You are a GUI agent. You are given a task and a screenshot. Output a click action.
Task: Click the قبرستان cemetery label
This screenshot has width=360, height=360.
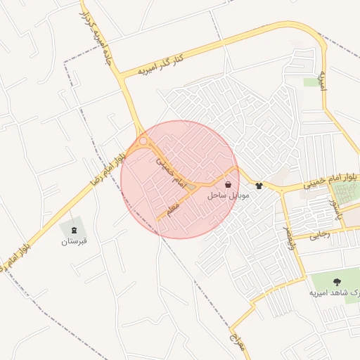[73, 241]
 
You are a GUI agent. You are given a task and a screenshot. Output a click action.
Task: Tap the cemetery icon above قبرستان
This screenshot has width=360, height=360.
[73, 229]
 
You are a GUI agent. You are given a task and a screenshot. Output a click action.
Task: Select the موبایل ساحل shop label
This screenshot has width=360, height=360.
[229, 195]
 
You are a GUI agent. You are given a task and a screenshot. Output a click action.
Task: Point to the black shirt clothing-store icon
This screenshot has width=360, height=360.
[259, 186]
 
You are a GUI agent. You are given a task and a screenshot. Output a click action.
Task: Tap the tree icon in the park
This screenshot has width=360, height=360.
[335, 281]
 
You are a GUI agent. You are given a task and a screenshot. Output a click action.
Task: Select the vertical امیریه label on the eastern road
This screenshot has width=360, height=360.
[322, 79]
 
